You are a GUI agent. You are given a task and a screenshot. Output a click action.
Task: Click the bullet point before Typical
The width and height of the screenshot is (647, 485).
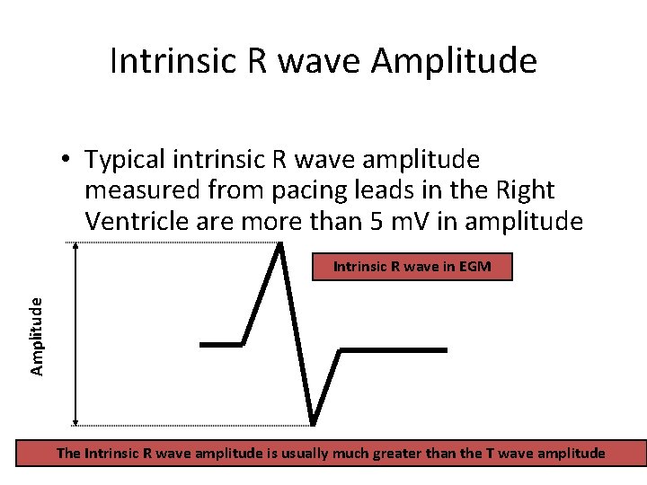[66, 161]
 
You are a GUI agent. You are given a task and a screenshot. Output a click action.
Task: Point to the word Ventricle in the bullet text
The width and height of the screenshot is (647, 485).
[135, 220]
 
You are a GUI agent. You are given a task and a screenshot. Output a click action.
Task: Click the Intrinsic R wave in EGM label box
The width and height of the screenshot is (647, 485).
[412, 267]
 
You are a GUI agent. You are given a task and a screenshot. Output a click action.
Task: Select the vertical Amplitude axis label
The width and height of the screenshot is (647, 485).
[37, 336]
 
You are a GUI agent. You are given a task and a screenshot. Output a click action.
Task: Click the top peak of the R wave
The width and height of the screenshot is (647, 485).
[281, 245]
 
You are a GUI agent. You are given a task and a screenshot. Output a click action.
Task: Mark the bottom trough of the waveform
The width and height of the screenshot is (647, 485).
[312, 421]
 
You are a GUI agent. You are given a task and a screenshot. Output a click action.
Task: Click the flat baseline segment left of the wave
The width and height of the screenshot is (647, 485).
[221, 344]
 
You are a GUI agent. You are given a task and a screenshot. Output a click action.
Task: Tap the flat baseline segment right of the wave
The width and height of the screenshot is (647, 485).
[381, 348]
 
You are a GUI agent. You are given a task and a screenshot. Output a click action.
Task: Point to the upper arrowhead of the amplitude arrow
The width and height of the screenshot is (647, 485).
[75, 248]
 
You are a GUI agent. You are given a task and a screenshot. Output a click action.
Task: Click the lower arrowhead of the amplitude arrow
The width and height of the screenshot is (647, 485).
[75, 420]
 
